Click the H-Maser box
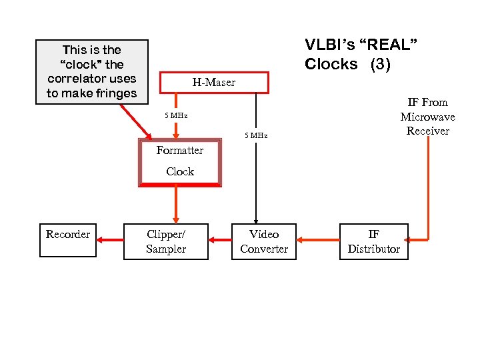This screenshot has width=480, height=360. (214, 83)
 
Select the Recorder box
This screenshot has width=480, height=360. (68, 241)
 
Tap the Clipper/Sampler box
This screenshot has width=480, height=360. (166, 241)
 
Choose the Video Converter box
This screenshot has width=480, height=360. (264, 241)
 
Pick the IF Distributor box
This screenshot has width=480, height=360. (373, 241)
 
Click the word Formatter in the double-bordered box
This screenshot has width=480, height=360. (180, 151)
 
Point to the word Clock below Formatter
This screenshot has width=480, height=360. (180, 171)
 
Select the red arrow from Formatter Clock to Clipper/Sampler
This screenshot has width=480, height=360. (177, 204)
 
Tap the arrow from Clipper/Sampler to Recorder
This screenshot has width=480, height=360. (111, 240)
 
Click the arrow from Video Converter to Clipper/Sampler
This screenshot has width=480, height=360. (219, 240)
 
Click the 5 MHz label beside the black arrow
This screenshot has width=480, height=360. (256, 135)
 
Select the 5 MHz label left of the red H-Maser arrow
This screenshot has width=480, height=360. (177, 116)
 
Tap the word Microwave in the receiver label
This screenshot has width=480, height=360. (427, 117)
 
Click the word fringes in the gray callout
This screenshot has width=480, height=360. (115, 93)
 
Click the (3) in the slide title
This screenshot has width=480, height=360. (377, 65)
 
